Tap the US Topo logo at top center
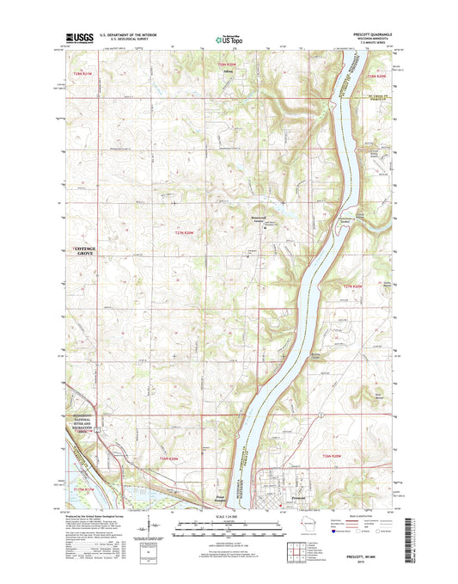pos(229,38)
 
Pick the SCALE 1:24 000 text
pos(229,516)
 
